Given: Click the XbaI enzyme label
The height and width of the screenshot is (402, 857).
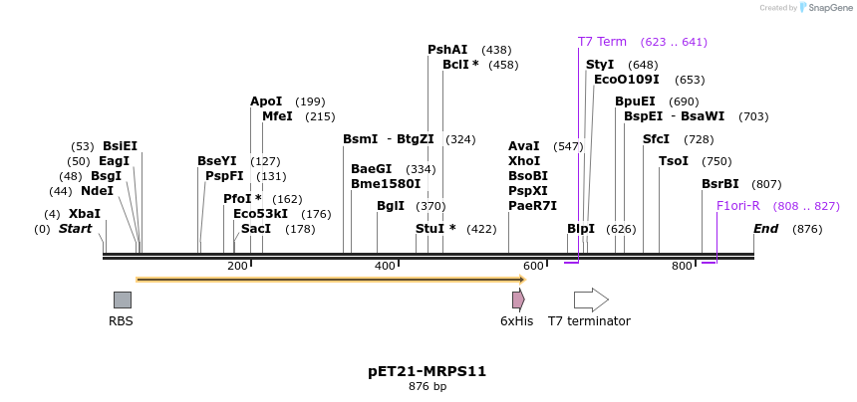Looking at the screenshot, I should click(85, 214).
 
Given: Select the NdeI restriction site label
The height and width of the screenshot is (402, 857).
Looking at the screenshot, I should click(97, 191).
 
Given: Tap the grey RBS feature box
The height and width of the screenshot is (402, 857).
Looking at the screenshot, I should click(122, 300).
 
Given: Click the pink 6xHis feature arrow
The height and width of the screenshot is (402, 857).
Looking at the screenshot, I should click(518, 300).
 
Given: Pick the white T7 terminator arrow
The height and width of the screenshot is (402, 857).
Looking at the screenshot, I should click(591, 300).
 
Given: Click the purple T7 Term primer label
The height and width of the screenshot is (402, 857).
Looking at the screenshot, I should click(602, 42).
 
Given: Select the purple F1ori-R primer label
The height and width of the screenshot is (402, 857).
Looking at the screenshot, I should click(737, 206).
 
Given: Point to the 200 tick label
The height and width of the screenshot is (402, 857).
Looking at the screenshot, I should click(237, 266).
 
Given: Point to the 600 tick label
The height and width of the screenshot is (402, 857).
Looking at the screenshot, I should click(533, 266).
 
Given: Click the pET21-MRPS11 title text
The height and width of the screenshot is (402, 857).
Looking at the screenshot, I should click(427, 371).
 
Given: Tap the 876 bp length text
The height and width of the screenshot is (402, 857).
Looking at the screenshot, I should click(427, 386).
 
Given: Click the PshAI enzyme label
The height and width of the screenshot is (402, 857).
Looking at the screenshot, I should click(447, 50).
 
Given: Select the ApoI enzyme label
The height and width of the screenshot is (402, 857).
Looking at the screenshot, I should click(266, 101).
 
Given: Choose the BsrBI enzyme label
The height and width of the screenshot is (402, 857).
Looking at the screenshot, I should click(720, 184).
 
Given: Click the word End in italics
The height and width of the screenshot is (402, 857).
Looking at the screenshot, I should click(765, 229).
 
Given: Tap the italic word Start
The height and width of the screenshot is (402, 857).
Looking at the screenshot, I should click(75, 229).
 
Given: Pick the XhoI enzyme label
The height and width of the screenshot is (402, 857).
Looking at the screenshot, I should click(524, 161).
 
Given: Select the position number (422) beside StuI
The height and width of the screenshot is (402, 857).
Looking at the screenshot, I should click(481, 229).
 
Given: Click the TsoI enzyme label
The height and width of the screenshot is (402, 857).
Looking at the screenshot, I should click(674, 161).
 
